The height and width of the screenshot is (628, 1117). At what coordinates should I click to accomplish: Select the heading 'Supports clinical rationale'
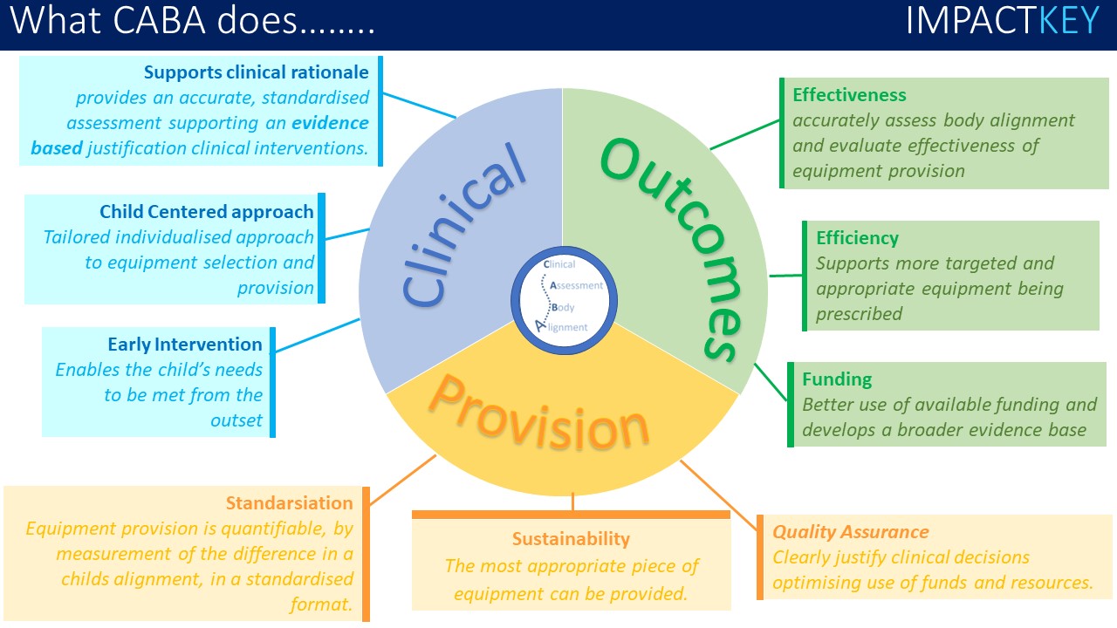click(x=257, y=72)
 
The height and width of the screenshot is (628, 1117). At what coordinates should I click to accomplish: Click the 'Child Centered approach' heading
click(x=206, y=211)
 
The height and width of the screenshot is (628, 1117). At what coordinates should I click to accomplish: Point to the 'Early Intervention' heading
click(x=185, y=344)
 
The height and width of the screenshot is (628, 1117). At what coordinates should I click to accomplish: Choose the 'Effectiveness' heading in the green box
click(x=849, y=95)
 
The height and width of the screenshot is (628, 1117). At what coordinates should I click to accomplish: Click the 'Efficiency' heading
click(x=857, y=237)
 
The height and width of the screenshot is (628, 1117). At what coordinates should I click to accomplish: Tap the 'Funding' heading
click(x=837, y=379)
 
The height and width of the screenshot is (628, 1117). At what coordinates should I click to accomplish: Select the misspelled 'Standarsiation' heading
click(x=289, y=502)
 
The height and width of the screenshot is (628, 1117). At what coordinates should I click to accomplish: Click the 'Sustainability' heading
click(x=571, y=539)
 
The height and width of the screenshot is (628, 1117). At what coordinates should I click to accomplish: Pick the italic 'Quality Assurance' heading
click(x=851, y=532)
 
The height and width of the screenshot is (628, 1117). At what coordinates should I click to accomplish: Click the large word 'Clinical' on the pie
click(x=463, y=228)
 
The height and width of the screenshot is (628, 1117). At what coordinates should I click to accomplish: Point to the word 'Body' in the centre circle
click(x=563, y=307)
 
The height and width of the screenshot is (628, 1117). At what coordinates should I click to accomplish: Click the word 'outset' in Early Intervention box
click(x=236, y=420)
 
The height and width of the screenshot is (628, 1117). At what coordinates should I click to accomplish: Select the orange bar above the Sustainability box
click(x=571, y=515)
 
